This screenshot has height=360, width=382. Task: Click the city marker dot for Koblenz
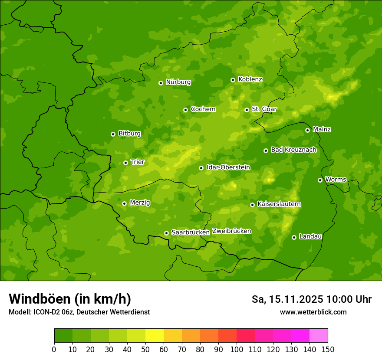point(233,80)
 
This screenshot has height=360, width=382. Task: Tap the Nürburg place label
point(178,82)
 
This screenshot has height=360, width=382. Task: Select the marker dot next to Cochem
point(186,110)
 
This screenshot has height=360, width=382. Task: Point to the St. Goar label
point(264,109)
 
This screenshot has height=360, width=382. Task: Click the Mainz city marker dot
point(308,130)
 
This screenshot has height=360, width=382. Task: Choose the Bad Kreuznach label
point(293,150)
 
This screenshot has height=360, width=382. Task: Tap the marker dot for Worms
point(320,180)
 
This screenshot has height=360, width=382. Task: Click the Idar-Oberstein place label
point(228,167)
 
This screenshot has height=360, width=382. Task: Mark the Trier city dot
point(126,163)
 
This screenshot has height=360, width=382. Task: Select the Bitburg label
point(129,134)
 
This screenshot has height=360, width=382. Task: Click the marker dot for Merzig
point(125,203)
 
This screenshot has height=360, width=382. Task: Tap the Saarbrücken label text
point(191,232)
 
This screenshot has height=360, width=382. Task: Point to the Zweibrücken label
point(231,231)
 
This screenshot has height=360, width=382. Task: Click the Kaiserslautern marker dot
point(253,205)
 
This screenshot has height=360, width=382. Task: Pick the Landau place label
point(310,237)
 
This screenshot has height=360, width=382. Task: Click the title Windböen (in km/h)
point(69,299)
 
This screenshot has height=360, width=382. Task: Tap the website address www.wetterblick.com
point(313,312)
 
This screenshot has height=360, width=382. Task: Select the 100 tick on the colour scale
point(237,349)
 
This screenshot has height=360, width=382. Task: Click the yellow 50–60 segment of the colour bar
point(155,336)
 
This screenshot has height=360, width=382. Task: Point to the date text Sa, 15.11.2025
point(287,299)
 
